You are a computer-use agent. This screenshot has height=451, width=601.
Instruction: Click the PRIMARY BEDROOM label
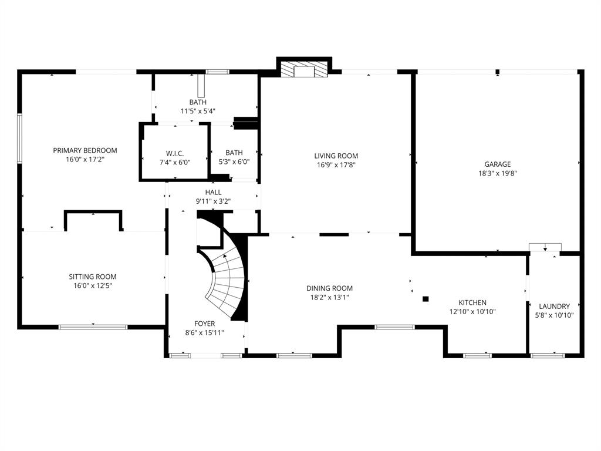85,150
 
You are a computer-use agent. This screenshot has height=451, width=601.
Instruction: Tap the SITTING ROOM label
93,277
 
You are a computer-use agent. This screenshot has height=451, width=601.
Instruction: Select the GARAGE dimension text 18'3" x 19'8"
497,173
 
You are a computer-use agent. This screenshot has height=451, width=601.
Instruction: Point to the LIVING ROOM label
336,156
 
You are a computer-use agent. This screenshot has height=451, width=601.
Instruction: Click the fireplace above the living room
304,70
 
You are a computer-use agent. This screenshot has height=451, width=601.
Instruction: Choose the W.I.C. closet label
175,153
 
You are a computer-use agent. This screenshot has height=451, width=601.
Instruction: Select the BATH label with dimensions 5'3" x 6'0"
234,153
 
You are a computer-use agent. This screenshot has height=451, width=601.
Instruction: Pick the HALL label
213,192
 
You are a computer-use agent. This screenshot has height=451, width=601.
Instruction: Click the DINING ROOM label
329,288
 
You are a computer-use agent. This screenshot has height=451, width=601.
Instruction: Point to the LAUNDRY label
554,306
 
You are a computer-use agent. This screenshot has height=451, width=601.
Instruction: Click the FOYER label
204,324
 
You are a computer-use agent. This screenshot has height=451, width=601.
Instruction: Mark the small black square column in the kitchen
426,299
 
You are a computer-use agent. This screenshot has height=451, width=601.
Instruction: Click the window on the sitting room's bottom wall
93,327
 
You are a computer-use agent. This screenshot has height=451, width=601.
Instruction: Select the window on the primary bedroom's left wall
19,139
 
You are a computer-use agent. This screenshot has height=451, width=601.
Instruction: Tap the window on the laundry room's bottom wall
547,355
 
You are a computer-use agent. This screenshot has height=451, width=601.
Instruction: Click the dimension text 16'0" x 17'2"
85,159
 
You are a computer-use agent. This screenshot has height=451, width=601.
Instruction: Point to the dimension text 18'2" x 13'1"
329,297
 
